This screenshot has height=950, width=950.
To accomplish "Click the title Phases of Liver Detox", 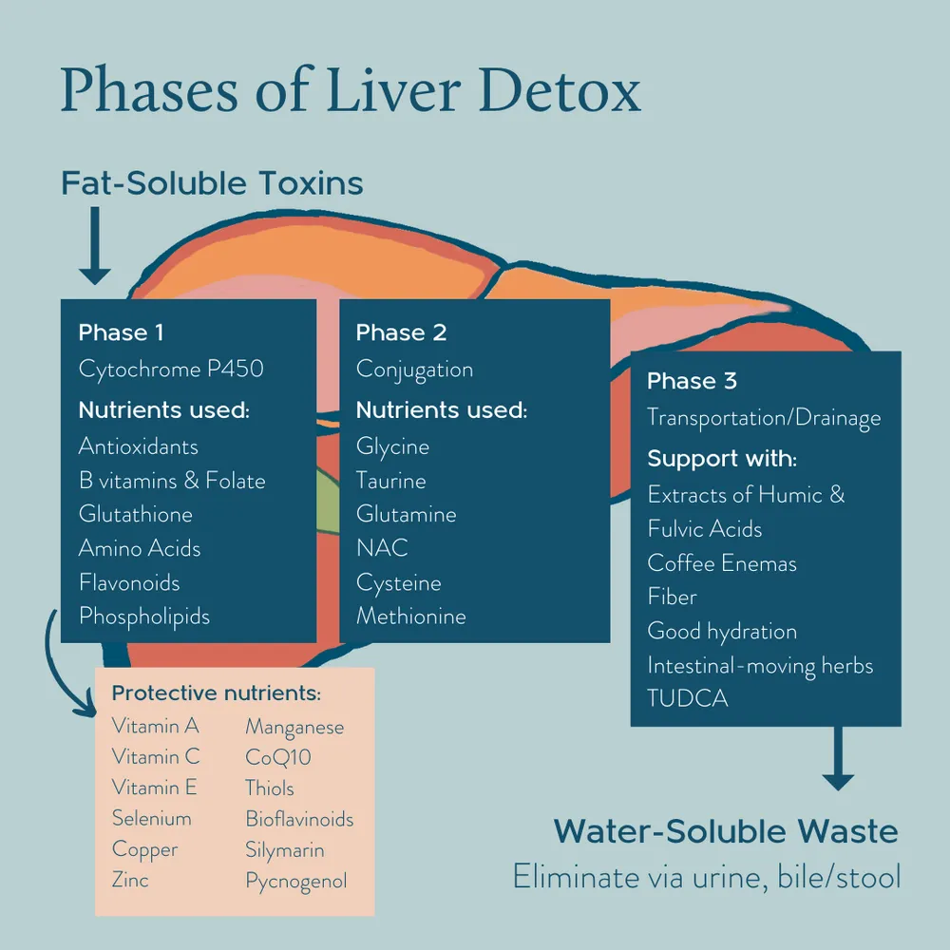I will pyautogui.click(x=351, y=92).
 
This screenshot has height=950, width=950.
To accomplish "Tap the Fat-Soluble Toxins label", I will pyautogui.click(x=212, y=182).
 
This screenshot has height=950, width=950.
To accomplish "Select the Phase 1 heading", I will pyautogui.click(x=121, y=332).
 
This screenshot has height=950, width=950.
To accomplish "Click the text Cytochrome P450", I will pyautogui.click(x=171, y=369).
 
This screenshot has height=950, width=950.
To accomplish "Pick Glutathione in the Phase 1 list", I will pyautogui.click(x=136, y=514).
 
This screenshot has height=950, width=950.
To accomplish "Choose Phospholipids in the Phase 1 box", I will pyautogui.click(x=144, y=616).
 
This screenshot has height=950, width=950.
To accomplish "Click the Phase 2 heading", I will pyautogui.click(x=401, y=332).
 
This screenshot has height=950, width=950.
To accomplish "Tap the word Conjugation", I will pyautogui.click(x=414, y=369).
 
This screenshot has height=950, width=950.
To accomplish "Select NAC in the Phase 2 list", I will pyautogui.click(x=382, y=548).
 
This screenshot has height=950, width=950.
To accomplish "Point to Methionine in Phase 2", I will pyautogui.click(x=411, y=616).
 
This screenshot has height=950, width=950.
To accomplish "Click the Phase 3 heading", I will pyautogui.click(x=692, y=381).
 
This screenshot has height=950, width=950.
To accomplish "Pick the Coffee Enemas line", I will pyautogui.click(x=722, y=562).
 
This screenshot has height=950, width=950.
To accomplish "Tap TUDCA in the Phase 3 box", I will pyautogui.click(x=688, y=697).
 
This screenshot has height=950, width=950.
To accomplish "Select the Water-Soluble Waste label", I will pyautogui.click(x=726, y=831).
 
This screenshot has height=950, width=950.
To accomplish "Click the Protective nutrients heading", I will pyautogui.click(x=217, y=693).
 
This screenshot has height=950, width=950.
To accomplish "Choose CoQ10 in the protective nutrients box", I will pyautogui.click(x=278, y=757).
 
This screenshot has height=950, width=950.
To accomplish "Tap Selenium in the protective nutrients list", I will pyautogui.click(x=152, y=818).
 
